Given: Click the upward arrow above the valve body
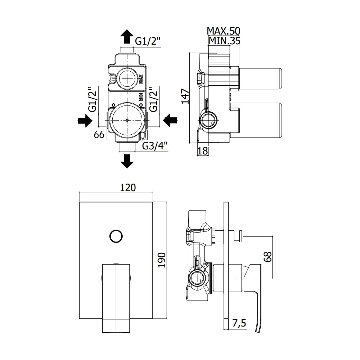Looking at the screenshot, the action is point(127,36).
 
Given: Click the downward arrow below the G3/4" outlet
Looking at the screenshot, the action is point(127,161).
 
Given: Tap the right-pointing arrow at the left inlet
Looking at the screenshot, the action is point(85,120).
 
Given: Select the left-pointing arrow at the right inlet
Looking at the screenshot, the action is point(170,120).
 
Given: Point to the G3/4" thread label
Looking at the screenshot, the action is point(155,146).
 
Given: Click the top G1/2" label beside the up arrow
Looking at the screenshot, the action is point(147,41).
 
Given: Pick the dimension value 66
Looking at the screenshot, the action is point(99,135).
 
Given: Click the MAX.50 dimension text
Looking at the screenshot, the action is point(224,31).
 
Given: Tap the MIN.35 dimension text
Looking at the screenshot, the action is point(224,41).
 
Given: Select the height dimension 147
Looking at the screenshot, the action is point(185,96).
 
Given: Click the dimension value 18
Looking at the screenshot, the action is point(202,151).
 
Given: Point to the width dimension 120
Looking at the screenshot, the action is point(128,188).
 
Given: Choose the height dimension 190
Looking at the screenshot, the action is point(162,260).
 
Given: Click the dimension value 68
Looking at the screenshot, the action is point(268,257).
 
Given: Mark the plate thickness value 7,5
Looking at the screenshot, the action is point(239,323).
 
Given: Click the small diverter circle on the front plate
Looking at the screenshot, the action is point(116,236).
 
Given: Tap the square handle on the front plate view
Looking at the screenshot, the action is point(116,298).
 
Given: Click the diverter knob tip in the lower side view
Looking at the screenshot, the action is point(240,236).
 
